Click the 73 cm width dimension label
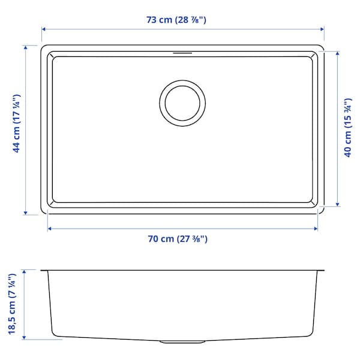coord(179,19)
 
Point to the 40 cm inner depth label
coord(347,128)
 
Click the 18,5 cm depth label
coord(11,304)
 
